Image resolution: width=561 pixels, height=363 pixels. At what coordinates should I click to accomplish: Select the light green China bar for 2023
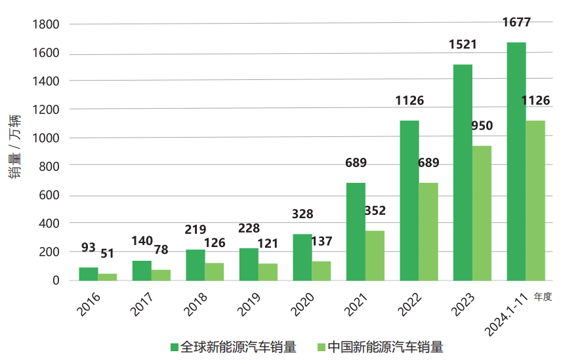tap(482, 213)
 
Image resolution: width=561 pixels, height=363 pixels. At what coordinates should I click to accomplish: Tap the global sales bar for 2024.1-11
tap(516, 161)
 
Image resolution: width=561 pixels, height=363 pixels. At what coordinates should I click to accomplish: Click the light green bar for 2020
tap(321, 271)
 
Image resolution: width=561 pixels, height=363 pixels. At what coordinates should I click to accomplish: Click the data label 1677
tap(516, 23)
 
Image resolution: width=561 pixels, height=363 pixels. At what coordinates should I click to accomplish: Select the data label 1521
tap(463, 45)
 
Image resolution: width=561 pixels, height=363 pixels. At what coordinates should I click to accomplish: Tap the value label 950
tap(482, 126)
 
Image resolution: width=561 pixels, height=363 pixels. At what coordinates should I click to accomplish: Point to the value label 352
tap(375, 211)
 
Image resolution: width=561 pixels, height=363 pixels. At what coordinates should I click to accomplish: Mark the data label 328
tap(302, 214)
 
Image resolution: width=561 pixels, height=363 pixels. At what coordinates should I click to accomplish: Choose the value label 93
tap(89, 248)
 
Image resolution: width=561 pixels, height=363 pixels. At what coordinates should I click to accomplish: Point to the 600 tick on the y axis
tap(50, 195)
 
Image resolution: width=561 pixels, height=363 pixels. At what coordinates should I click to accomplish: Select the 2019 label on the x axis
tap(247, 305)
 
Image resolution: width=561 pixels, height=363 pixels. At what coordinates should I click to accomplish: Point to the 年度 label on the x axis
tap(543, 297)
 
